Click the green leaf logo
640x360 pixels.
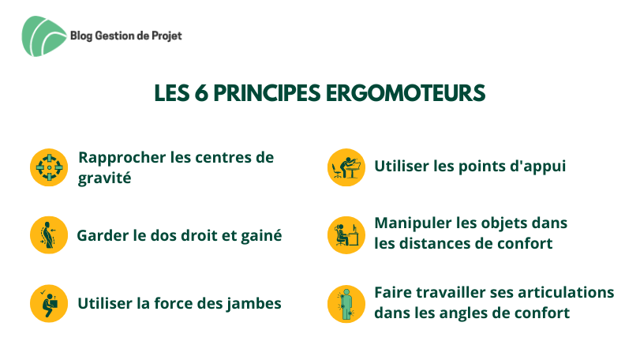pyautogui.click(x=43, y=36)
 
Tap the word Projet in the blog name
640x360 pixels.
pyautogui.click(x=167, y=36)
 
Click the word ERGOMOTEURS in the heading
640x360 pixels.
pyautogui.click(x=406, y=93)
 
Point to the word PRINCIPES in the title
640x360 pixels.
pyautogui.click(x=267, y=93)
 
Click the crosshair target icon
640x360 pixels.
pyautogui.click(x=49, y=167)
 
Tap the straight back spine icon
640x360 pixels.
pyautogui.click(x=49, y=235)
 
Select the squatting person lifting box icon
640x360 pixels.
pyautogui.click(x=49, y=303)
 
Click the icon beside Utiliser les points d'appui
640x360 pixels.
pyautogui.click(x=346, y=167)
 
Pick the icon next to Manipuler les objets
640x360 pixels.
pyautogui.click(x=346, y=235)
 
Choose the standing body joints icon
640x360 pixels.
pyautogui.click(x=346, y=304)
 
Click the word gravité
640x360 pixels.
pyautogui.click(x=104, y=178)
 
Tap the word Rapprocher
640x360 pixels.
pyautogui.click(x=122, y=158)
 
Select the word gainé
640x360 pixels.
pyautogui.click(x=261, y=235)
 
